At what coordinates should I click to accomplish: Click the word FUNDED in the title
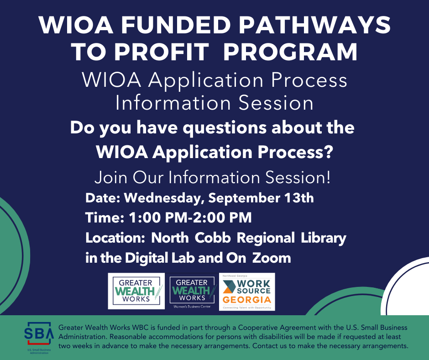(176, 25)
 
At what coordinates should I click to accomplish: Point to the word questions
(225, 128)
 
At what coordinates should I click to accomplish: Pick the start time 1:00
(145, 217)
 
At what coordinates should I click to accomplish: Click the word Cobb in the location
(213, 238)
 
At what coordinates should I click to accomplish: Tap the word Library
(324, 238)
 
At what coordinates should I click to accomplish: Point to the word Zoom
(272, 258)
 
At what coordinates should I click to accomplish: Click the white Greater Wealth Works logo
(136, 291)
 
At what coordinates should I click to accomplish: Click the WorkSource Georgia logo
(247, 291)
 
